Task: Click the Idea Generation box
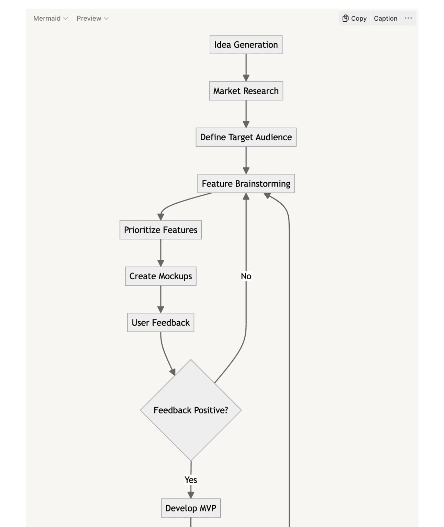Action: click(x=246, y=45)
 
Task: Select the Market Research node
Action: click(x=246, y=91)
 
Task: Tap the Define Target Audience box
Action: click(x=246, y=137)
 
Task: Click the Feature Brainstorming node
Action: click(x=246, y=184)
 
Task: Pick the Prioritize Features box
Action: click(x=160, y=230)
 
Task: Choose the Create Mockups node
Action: click(x=160, y=276)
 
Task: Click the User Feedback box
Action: click(x=160, y=323)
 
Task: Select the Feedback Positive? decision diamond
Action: click(x=191, y=410)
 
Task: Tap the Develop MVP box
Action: click(x=191, y=508)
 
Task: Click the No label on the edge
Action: click(x=246, y=276)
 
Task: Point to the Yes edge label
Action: click(x=191, y=480)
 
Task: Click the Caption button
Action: click(x=385, y=19)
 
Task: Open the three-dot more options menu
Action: click(x=408, y=19)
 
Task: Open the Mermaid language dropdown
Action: click(x=50, y=19)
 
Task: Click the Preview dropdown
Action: click(x=92, y=19)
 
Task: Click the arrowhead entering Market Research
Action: click(x=246, y=78)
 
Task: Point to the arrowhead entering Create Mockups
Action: click(x=160, y=263)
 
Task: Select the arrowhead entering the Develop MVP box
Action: click(x=191, y=495)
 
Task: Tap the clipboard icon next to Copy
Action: click(x=345, y=19)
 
